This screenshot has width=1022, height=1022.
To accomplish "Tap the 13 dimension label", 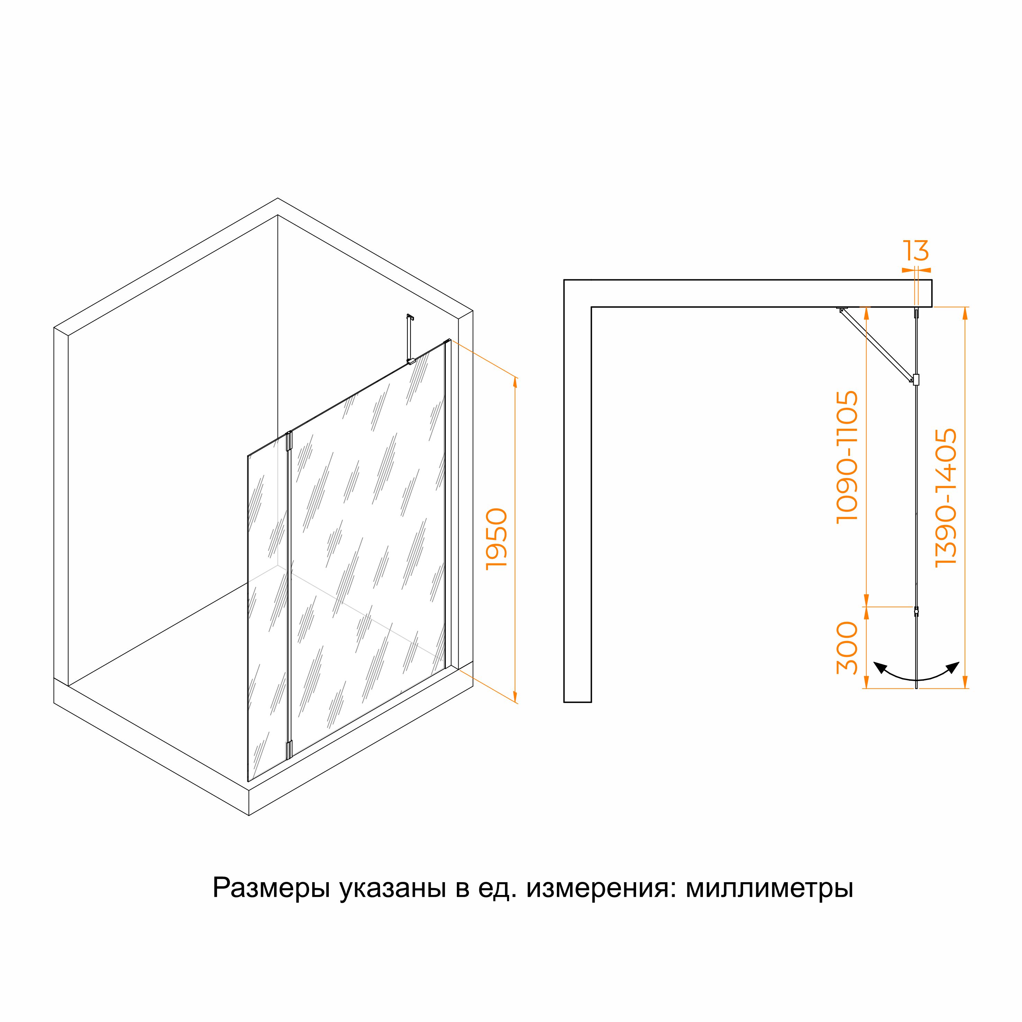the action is [916, 251].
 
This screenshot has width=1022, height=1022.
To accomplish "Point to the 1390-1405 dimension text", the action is [946, 498].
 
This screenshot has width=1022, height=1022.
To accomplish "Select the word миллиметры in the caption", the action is [770, 889].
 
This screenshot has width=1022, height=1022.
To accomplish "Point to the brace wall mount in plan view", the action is [842, 309].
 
